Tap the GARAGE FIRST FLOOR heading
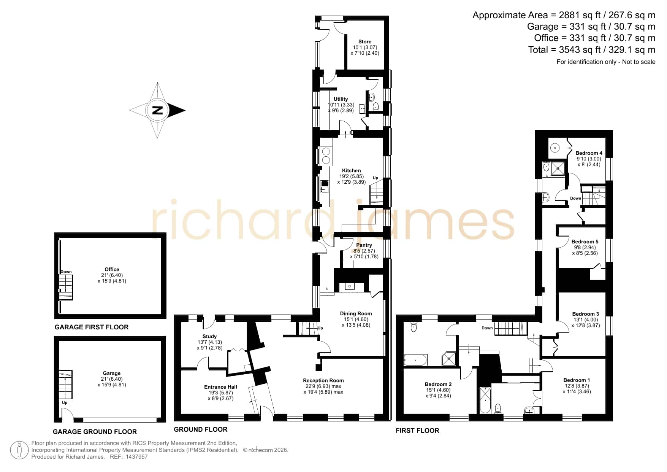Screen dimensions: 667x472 [x=92, y=327]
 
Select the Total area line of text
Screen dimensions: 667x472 [x=592, y=50]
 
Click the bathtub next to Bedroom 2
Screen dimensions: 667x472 [x=415, y=360]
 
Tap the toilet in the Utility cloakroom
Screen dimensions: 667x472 [x=376, y=106]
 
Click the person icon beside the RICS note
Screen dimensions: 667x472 [x=19, y=450]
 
